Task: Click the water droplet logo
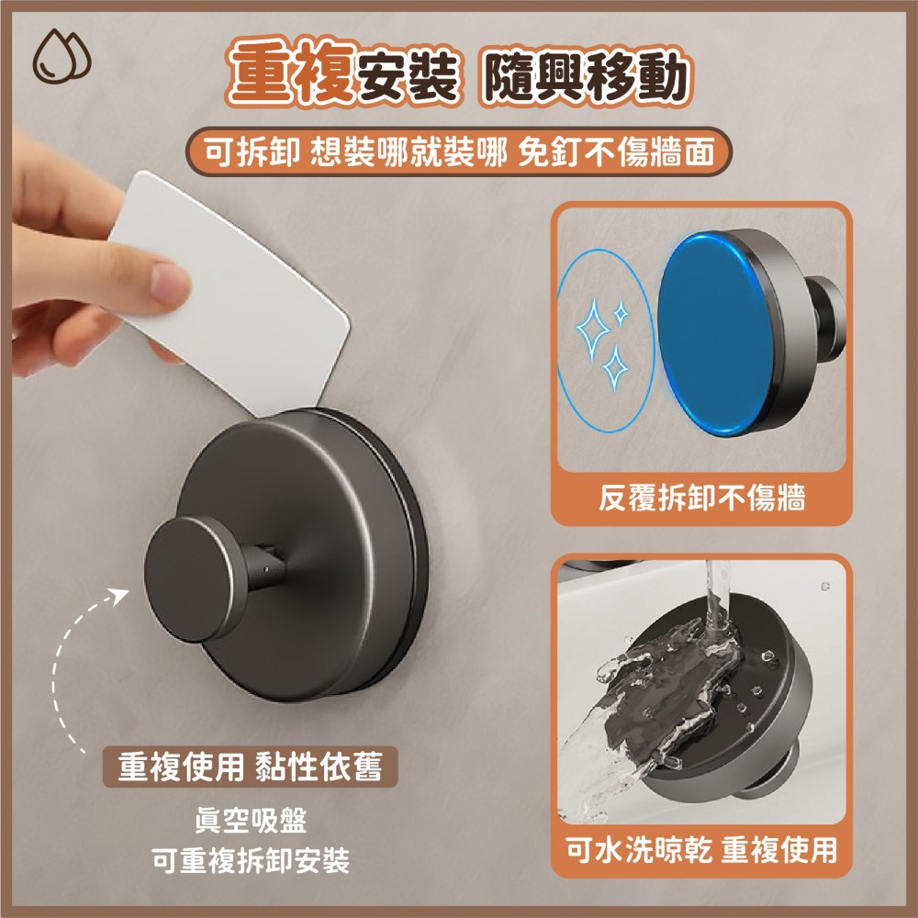[x=62, y=56]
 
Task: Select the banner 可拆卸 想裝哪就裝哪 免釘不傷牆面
[x=459, y=151]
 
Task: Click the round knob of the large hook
[x=190, y=578]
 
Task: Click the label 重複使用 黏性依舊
[x=250, y=767]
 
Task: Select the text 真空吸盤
[x=251, y=820]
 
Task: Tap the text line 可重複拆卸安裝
[x=251, y=860]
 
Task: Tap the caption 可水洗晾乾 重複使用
[x=701, y=849]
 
